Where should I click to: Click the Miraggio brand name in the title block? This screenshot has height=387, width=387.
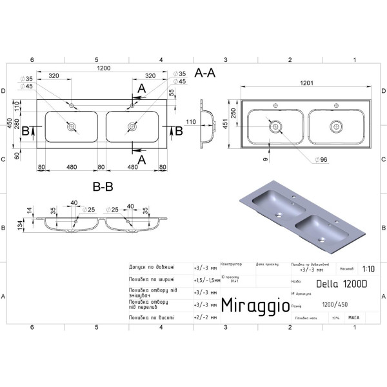click(255, 304)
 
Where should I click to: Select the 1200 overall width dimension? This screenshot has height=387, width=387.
click(104, 68)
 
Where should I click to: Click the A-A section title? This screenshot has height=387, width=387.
click(204, 74)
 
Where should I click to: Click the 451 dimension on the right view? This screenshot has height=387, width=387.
click(226, 123)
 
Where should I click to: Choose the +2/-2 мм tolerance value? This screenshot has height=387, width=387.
click(203, 317)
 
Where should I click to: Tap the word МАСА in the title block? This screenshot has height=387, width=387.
click(353, 317)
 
